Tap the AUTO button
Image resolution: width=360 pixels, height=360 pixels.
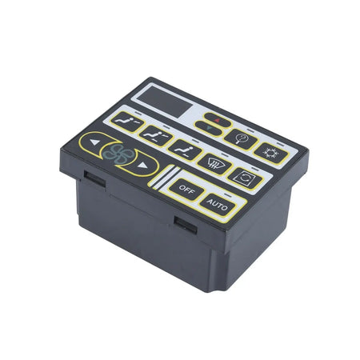point(216,204)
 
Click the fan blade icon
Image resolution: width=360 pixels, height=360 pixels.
point(118,156)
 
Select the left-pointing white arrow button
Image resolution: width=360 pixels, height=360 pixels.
point(94,146)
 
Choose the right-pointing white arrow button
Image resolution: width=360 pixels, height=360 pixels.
point(143,166)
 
